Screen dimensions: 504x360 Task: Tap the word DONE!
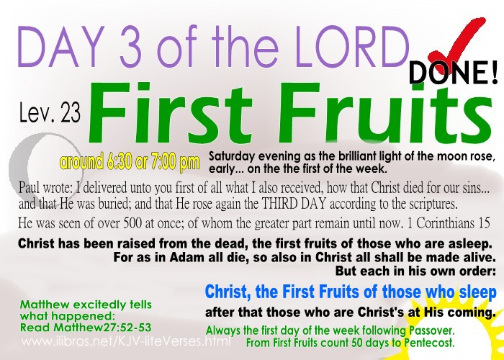(x=453, y=73)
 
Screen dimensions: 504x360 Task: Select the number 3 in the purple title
(x=130, y=46)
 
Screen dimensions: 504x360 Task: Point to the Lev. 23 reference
(x=50, y=112)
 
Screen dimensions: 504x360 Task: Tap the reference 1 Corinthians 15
(x=449, y=222)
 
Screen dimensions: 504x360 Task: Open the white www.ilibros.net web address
(x=126, y=341)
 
